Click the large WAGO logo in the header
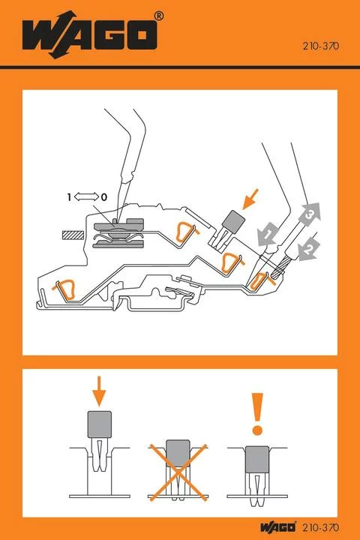tap(89, 35)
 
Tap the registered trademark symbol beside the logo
tap(158, 15)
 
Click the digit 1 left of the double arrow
tap(69, 196)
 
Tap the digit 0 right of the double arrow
tap(104, 196)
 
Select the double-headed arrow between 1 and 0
tap(86, 196)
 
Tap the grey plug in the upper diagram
tap(233, 222)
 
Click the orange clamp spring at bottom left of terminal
tap(65, 286)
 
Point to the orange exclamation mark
tap(257, 414)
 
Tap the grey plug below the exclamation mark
tap(257, 457)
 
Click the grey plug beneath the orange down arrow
tap(100, 424)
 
